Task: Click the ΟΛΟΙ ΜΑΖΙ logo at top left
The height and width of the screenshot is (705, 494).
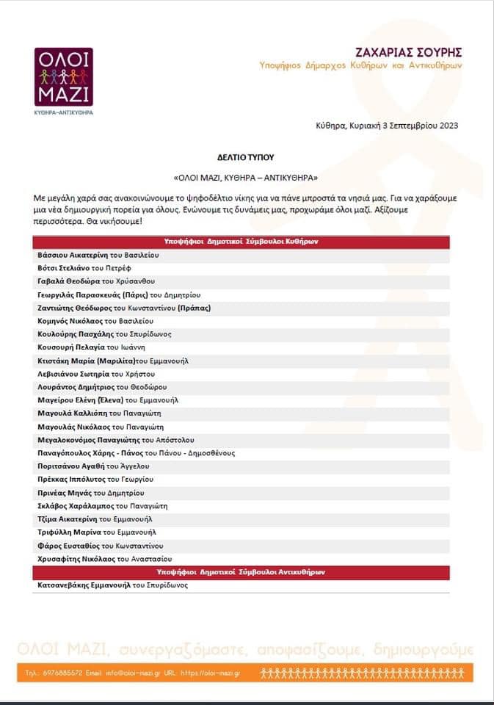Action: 63,76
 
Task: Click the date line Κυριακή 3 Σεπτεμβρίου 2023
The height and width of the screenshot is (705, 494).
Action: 386,125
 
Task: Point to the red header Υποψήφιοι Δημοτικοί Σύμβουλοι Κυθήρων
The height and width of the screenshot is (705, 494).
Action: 241,242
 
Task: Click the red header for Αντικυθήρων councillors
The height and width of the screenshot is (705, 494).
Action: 241,571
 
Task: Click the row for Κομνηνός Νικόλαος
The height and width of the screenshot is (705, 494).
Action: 95,321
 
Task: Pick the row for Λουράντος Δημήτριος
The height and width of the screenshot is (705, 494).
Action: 102,387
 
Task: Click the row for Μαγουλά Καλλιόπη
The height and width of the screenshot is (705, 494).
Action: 101,413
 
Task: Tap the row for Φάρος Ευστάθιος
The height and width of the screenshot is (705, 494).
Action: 101,546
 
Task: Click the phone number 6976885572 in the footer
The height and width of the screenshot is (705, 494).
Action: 62,672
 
